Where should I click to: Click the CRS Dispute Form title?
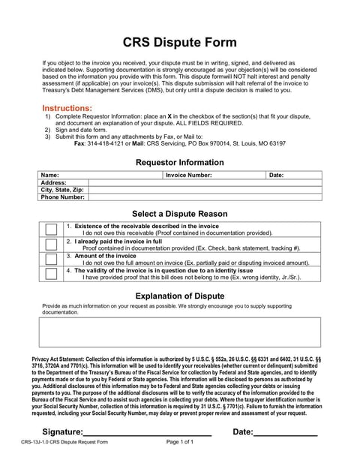tap(179, 43)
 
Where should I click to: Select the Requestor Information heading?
tap(179, 162)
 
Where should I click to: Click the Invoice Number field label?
tap(188, 175)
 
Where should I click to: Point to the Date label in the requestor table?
tap(276, 175)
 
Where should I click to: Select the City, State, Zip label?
tap(62, 190)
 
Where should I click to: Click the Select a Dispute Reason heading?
tap(179, 213)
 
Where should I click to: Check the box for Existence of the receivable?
tap(50, 230)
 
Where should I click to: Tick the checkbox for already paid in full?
tap(50, 244)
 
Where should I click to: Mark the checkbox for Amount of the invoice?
tap(50, 259)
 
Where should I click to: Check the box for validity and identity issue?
tap(50, 273)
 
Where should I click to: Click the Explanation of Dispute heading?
tap(179, 295)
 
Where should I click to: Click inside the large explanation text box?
tap(179, 332)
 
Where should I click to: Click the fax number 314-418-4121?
tap(108, 143)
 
